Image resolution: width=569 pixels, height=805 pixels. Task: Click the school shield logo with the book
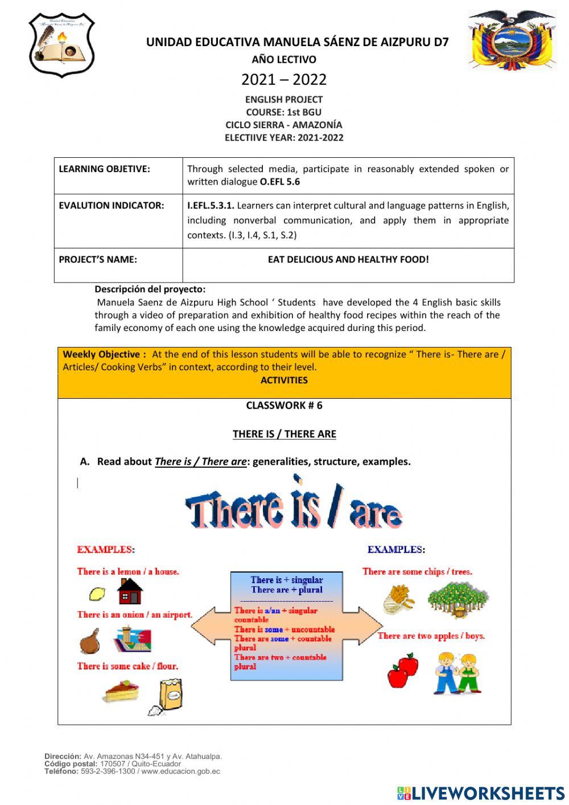coord(61,45)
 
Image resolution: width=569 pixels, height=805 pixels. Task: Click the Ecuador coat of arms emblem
coord(511,40)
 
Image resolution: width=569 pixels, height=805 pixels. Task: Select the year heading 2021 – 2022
coord(284,79)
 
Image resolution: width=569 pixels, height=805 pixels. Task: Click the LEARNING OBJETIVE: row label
coord(105,169)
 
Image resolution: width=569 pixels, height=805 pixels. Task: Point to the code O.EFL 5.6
coord(280,182)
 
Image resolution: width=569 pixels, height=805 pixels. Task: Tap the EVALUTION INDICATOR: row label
coord(112,205)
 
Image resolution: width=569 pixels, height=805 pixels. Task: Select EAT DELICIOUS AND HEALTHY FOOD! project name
coord(348,259)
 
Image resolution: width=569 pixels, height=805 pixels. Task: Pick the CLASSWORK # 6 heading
coord(284,405)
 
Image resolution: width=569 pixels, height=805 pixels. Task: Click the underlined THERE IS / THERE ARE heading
coord(284,434)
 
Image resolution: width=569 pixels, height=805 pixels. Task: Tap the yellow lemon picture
coord(97,594)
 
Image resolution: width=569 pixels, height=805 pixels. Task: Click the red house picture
coord(130,591)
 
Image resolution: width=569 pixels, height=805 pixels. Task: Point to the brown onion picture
coord(90,641)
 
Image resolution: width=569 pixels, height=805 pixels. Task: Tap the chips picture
coord(399,599)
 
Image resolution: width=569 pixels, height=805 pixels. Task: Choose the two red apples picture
coord(403,670)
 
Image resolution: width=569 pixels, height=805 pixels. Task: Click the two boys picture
coord(459,673)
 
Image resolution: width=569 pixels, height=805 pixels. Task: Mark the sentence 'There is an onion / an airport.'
coord(135,615)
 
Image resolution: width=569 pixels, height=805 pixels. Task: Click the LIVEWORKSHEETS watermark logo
coord(481,793)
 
